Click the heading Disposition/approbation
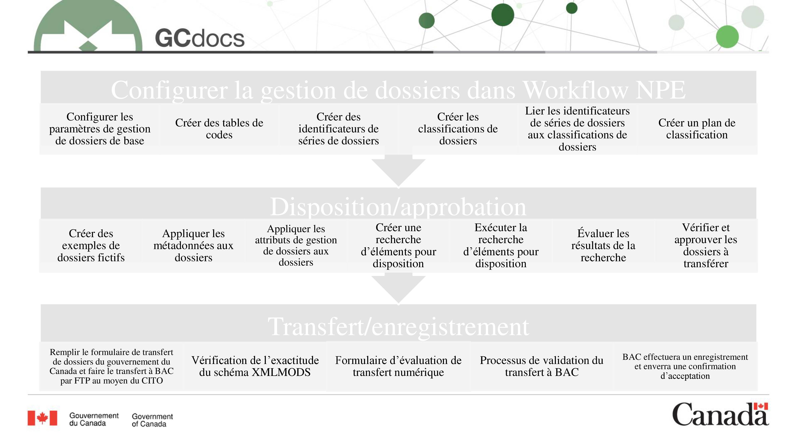[x=398, y=206]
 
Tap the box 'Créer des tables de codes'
[x=219, y=129]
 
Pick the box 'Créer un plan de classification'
[x=697, y=129]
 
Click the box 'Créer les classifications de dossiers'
[x=458, y=129]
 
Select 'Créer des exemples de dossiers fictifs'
[x=91, y=246]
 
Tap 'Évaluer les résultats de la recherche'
[x=603, y=246]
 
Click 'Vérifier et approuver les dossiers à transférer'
[x=706, y=246]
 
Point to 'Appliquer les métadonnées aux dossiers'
[x=193, y=246]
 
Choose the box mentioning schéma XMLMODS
[x=255, y=366]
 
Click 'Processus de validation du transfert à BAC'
[x=541, y=366]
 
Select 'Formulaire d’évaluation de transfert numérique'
[x=398, y=366]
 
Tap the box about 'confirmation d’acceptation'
[x=685, y=366]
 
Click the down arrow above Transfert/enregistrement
[x=398, y=288]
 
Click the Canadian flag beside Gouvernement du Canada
[x=42, y=418]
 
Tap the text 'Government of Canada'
[x=152, y=420]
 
